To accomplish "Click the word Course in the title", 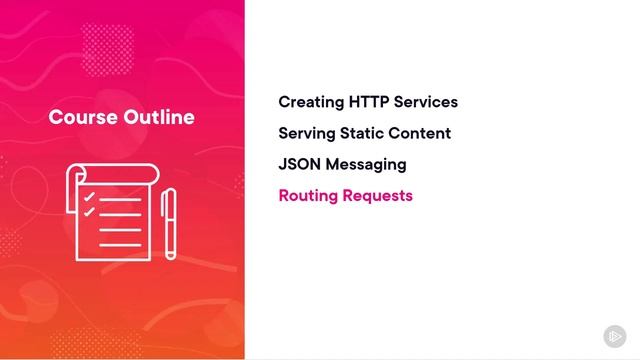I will pos(82,117).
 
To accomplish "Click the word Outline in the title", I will pos(159,117).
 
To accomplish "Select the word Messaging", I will pos(368,164).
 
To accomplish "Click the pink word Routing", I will pos(308,195).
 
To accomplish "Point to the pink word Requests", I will pos(377,195).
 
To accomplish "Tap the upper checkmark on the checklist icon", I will pos(89,196).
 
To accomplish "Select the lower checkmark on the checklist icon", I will pos(89,212).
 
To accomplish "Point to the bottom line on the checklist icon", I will pos(120,245).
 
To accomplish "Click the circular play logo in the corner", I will pos(614,335).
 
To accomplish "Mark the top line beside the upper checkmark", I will pos(120,197).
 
